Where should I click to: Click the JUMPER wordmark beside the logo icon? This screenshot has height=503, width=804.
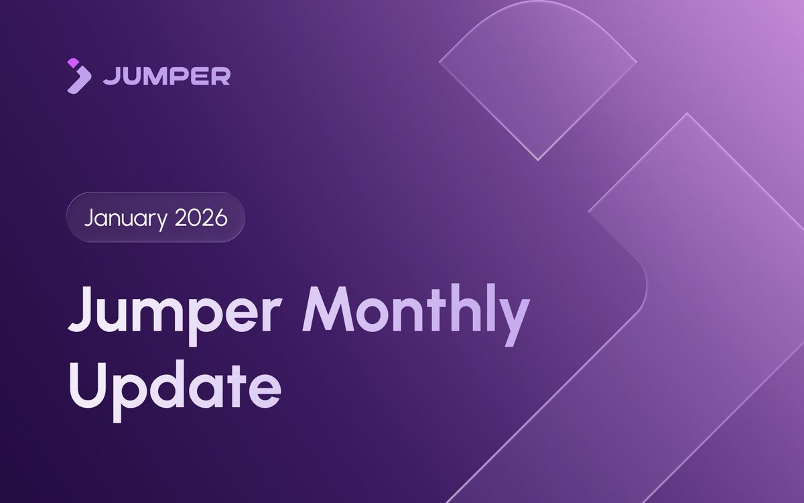[x=167, y=76]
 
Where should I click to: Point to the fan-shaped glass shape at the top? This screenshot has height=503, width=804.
[x=538, y=74]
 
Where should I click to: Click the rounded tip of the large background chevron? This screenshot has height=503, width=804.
[x=640, y=275]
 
